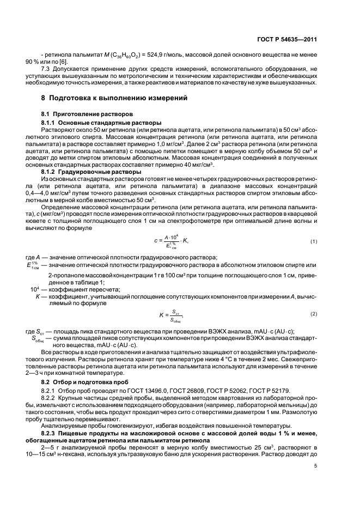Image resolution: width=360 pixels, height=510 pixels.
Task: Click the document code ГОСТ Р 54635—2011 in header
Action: pos(289,39)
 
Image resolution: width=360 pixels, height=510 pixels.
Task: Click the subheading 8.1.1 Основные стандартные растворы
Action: pos(101,123)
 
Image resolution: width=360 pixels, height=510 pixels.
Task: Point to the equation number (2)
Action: pos(314,314)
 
